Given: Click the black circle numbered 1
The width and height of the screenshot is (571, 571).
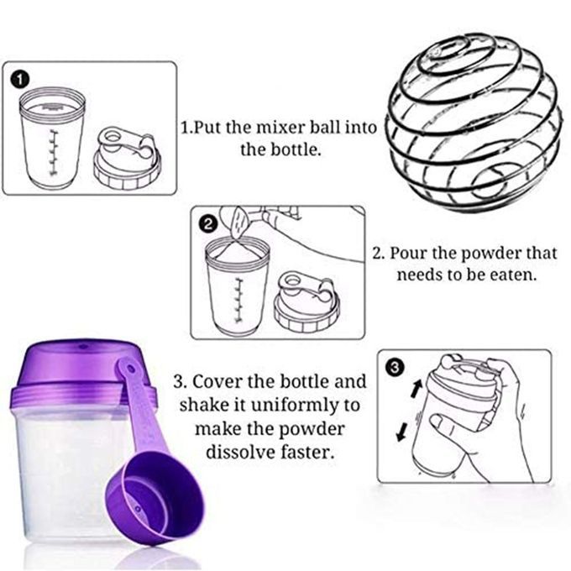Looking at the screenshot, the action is point(21,80).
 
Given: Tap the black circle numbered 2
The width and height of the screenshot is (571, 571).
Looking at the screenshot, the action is point(207,224).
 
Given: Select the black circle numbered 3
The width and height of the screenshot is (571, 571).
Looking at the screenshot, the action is point(395,368).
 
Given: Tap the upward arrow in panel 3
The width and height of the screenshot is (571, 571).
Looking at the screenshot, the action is point(416,389).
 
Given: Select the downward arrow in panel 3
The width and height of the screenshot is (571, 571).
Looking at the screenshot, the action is point(402,431).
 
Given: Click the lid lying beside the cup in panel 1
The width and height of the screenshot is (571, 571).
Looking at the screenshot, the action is point(128,158).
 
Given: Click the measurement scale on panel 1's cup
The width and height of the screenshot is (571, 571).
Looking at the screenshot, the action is point(54,152).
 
